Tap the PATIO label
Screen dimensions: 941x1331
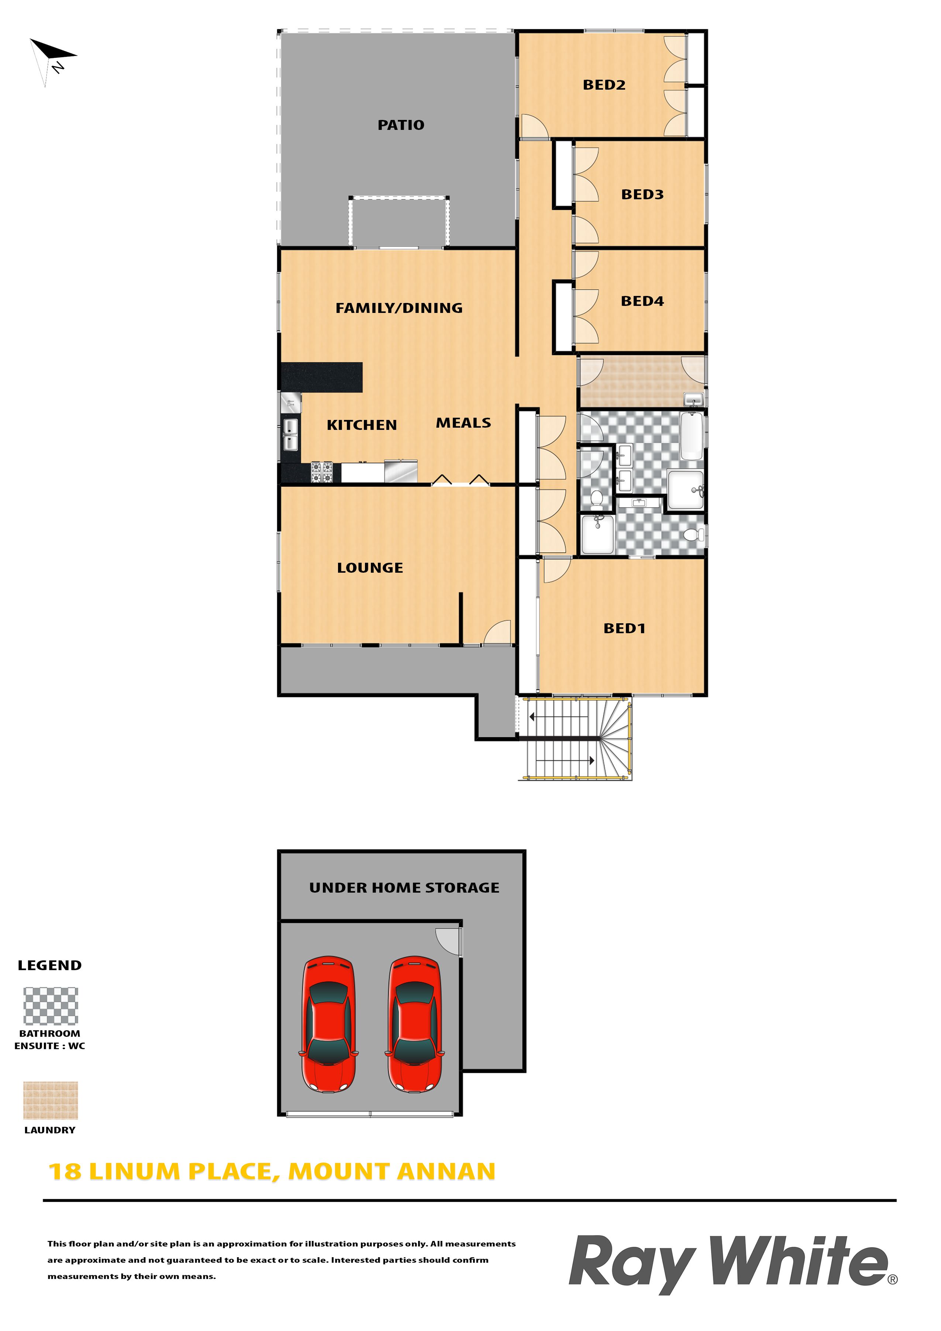(401, 125)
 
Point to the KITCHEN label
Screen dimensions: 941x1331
(361, 425)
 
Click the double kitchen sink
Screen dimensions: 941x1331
(290, 435)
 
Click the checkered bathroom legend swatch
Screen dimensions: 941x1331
(51, 1006)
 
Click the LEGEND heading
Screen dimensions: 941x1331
(50, 965)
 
